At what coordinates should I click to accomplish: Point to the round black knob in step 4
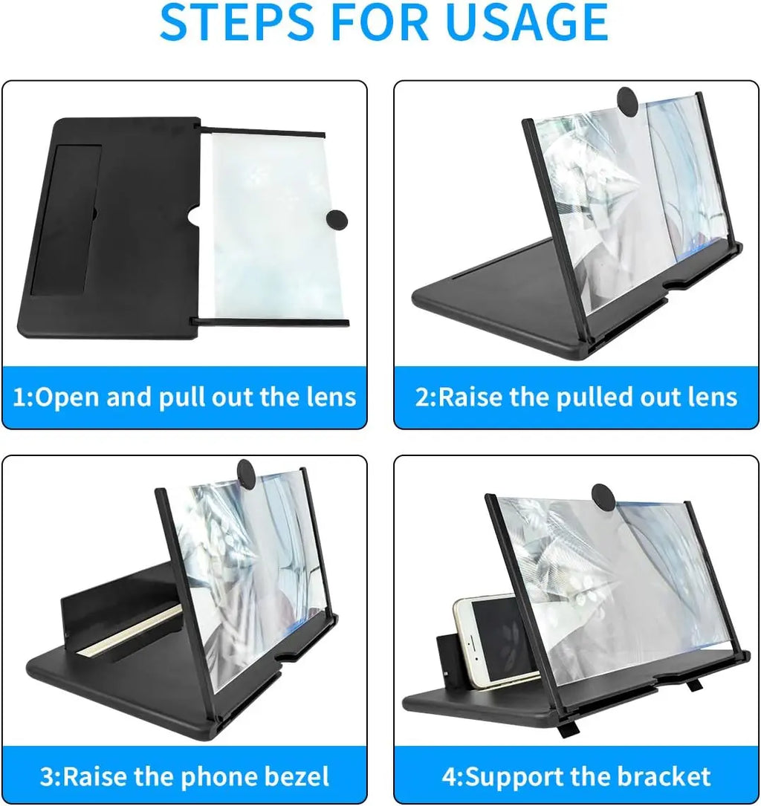(x=603, y=495)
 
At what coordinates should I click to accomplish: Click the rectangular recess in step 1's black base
(x=67, y=219)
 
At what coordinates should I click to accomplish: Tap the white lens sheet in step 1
(x=268, y=223)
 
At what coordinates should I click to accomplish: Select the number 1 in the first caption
(x=20, y=397)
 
